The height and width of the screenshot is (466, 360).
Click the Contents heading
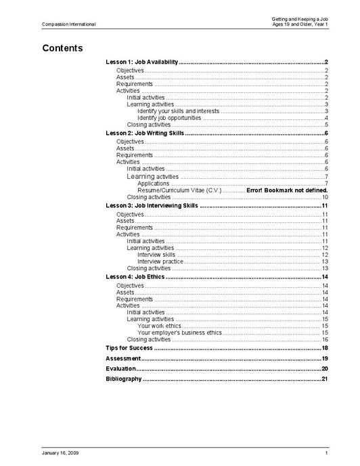click(62, 48)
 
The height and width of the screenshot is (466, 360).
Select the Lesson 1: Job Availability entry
click(142, 62)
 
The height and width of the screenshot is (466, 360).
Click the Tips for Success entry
click(129, 347)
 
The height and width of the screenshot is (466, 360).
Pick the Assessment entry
click(123, 358)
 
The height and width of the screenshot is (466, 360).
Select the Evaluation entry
click(121, 368)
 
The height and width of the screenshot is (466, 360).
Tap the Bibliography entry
click(124, 379)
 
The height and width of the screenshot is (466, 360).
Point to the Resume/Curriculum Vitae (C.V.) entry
click(179, 190)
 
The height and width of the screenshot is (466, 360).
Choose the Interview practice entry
click(160, 261)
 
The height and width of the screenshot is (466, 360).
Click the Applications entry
click(153, 184)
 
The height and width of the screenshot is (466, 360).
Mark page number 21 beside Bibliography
click(325, 379)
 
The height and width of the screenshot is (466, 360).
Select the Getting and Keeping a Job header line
click(300, 19)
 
